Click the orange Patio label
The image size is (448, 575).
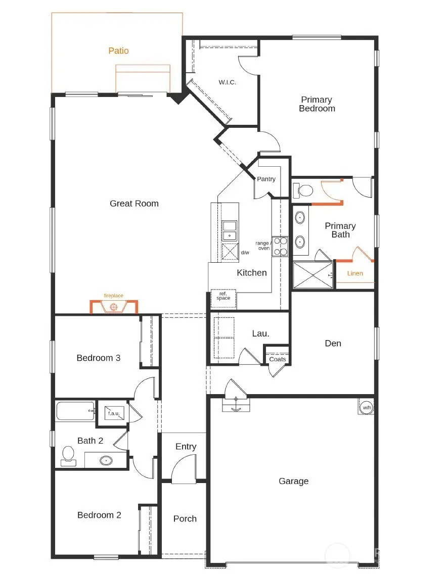(118, 51)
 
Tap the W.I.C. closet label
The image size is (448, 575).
(227, 82)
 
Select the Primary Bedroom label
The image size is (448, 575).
(317, 104)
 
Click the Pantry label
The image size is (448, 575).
(266, 179)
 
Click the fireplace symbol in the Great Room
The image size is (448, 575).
(114, 306)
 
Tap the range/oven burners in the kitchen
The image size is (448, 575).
(280, 246)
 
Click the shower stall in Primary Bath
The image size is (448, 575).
(313, 275)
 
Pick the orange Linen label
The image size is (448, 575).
(355, 273)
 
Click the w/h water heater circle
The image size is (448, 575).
(366, 407)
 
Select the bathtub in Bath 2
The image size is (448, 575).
(75, 411)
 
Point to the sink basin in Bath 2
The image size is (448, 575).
(106, 460)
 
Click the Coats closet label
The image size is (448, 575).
(278, 359)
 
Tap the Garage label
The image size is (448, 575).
(293, 481)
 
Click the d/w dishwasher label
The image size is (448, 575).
(245, 253)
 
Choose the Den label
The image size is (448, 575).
(333, 343)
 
